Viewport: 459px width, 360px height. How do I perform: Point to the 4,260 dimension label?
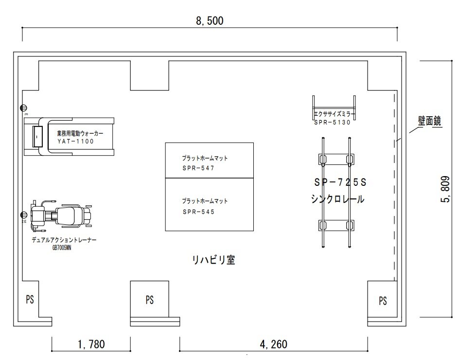pyautogui.click(x=273, y=344)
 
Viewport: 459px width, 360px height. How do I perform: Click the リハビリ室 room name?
pyautogui.click(x=213, y=260)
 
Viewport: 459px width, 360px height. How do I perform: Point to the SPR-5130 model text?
pyautogui.click(x=332, y=123)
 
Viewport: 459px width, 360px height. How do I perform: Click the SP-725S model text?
pyautogui.click(x=339, y=183)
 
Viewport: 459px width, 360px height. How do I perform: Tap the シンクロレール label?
pyautogui.click(x=337, y=199)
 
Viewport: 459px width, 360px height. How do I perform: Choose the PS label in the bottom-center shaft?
pyautogui.click(x=149, y=300)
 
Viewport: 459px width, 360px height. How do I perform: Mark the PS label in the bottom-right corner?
pyautogui.click(x=383, y=300)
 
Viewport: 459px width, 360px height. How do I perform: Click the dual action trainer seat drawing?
pyautogui.click(x=71, y=215)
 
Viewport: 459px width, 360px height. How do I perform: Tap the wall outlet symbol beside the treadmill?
pyautogui.click(x=23, y=108)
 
